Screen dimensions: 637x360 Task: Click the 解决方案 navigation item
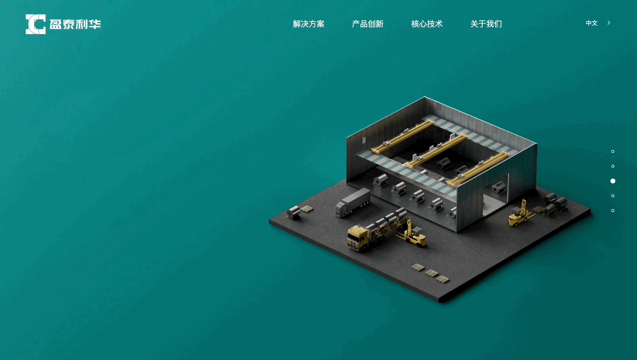[309, 24]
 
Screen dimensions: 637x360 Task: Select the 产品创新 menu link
[368, 24]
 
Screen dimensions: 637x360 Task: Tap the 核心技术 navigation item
[427, 24]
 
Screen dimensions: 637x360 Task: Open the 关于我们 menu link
[486, 24]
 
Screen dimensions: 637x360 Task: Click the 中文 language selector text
[592, 23]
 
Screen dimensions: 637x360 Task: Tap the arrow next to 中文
[608, 23]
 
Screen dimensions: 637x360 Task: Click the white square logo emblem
[35, 24]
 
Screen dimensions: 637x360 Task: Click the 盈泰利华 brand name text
[75, 24]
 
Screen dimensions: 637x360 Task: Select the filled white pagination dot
[613, 181]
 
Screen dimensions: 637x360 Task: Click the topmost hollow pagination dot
[613, 151]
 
